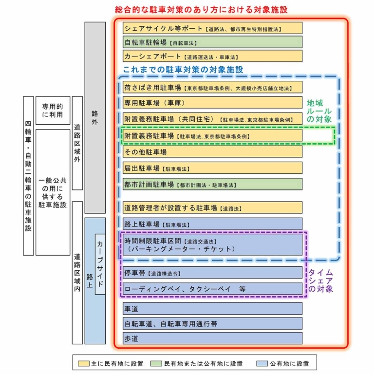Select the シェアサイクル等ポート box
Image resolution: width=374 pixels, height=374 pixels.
pos(212,28)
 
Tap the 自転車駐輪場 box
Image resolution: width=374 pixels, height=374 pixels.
pos(212,42)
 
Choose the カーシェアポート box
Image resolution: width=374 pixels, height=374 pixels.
pos(212,56)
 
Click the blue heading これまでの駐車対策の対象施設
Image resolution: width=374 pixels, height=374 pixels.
pos(183,70)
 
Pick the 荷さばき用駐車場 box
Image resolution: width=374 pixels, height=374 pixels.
pos(212,88)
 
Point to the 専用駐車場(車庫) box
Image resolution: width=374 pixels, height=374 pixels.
pos(212,103)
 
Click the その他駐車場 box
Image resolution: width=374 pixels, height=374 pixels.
pos(212,152)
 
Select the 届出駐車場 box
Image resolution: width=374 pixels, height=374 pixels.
pos(212,168)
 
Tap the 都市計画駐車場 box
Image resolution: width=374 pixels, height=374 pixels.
pos(212,185)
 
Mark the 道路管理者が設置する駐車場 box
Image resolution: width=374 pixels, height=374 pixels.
pos(212,208)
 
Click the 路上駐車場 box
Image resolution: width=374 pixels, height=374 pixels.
pos(212,224)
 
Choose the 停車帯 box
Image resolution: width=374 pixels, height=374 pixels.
pos(212,273)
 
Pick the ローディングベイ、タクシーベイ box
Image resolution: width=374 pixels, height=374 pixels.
pos(212,289)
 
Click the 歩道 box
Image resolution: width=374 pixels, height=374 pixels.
pos(212,338)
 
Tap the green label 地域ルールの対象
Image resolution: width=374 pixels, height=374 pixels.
pos(320,111)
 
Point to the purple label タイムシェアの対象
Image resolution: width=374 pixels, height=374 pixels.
pos(321,281)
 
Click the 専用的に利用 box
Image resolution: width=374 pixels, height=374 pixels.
pos(53,110)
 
